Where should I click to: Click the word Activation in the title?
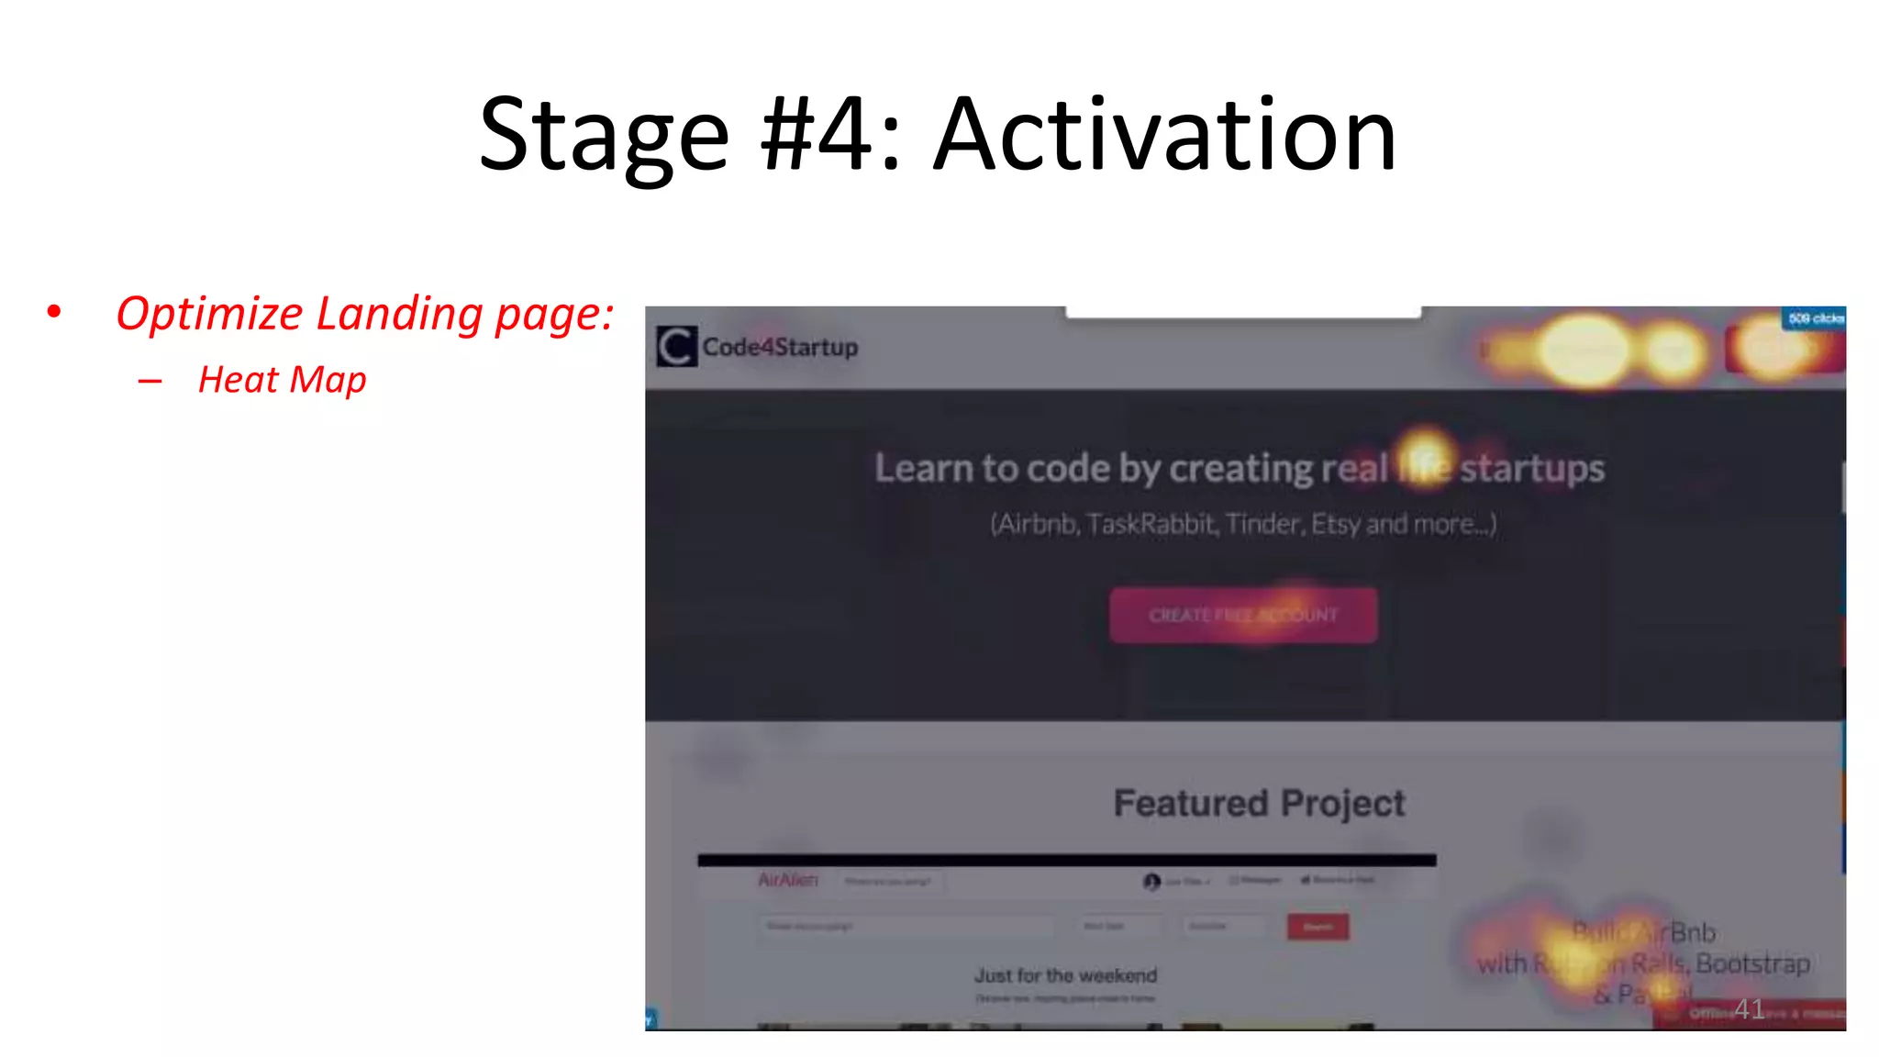tap(1165, 136)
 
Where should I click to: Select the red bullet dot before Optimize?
tap(54, 313)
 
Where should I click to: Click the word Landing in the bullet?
tap(399, 315)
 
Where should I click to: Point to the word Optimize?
tap(209, 315)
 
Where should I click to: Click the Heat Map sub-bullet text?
tap(282, 380)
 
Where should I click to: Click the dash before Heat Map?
tap(150, 381)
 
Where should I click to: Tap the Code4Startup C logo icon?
tap(677, 347)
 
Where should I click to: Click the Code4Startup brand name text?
tap(780, 347)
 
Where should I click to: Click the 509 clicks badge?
tap(1815, 318)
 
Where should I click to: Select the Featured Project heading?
tap(1259, 803)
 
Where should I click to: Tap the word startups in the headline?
tap(1532, 468)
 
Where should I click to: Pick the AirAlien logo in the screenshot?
tap(787, 880)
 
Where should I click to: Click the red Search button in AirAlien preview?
tap(1318, 927)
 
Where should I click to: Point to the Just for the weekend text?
tap(1065, 975)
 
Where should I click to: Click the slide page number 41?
tap(1750, 1009)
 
